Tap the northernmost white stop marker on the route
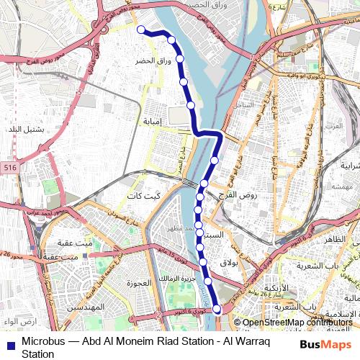(141, 30)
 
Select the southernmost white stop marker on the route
(217, 309)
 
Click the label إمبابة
(156, 122)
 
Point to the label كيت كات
(143, 197)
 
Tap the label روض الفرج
(239, 196)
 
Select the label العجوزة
(136, 282)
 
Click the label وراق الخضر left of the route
(153, 61)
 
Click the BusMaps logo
(326, 344)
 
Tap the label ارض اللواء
(19, 320)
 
